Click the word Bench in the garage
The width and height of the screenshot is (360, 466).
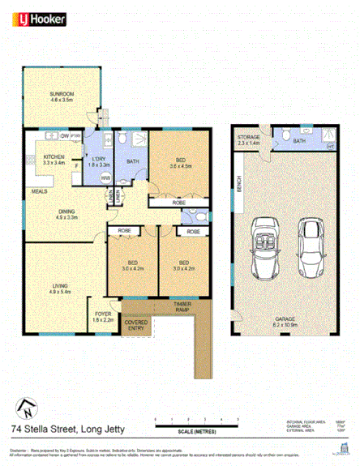click(x=238, y=186)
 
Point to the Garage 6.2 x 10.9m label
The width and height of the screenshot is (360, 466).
click(x=285, y=319)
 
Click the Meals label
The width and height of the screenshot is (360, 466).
click(x=38, y=192)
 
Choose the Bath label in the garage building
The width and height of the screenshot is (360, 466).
click(x=298, y=141)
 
